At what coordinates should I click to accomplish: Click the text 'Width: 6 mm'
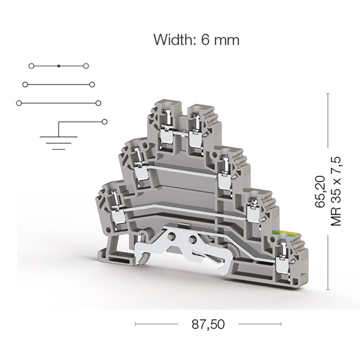click(196, 40)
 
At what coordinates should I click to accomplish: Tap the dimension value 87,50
click(208, 325)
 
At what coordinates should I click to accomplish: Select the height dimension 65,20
click(320, 192)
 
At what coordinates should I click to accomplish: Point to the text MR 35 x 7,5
click(335, 191)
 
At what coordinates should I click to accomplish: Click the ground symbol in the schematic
click(59, 143)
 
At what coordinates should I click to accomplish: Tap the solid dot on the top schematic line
click(59, 66)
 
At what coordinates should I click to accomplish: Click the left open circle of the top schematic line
click(31, 66)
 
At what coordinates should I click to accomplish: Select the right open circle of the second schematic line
click(92, 85)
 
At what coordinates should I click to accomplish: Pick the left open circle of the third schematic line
click(19, 103)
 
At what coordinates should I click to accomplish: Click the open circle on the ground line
click(104, 122)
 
